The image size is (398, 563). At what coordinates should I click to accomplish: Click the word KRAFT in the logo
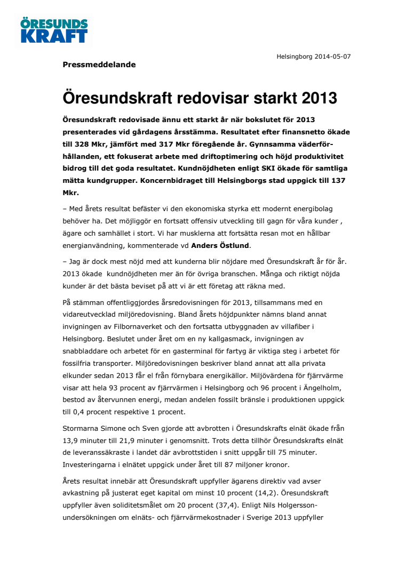tap(54, 36)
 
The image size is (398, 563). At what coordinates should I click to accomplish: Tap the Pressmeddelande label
tap(99, 65)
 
